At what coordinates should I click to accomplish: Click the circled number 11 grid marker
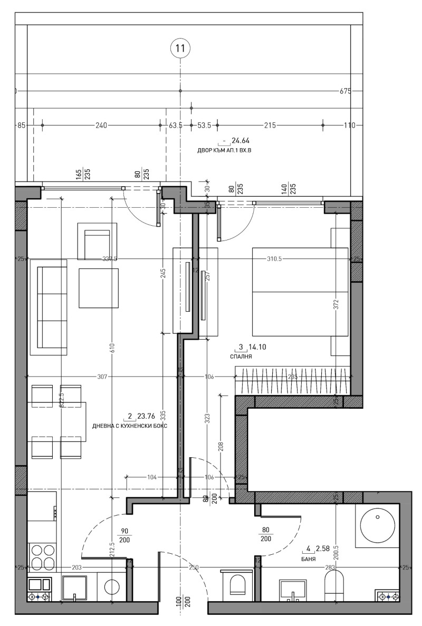pyautogui.click(x=180, y=49)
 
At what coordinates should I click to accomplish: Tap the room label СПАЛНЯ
pyautogui.click(x=241, y=357)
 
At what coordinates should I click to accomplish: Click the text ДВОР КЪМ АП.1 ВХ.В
pyautogui.click(x=224, y=150)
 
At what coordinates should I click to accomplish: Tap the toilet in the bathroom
pyautogui.click(x=334, y=586)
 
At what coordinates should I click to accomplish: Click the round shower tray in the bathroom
pyautogui.click(x=378, y=525)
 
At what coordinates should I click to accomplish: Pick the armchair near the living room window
pyautogui.click(x=97, y=241)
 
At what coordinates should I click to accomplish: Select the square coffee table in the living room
pyautogui.click(x=99, y=288)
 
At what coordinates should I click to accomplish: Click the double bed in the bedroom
pyautogui.click(x=300, y=291)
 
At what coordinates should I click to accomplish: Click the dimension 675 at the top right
pyautogui.click(x=346, y=91)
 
